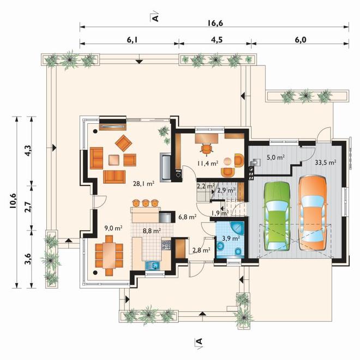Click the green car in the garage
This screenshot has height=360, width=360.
(278, 216)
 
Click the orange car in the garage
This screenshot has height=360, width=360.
(313, 213)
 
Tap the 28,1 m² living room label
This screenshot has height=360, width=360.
(143, 183)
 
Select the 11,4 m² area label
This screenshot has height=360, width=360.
(207, 163)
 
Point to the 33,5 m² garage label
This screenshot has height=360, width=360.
(326, 163)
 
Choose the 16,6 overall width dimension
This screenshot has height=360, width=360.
(215, 23)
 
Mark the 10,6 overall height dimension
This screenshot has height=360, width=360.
(13, 201)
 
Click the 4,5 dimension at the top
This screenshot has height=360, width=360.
(217, 40)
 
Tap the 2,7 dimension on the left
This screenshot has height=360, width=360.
(27, 207)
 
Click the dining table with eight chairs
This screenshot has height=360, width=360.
(109, 255)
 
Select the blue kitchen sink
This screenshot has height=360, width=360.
(153, 266)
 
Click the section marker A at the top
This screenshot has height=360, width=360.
(155, 17)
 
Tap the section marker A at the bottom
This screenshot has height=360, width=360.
(199, 343)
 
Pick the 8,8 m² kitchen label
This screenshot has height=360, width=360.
(152, 231)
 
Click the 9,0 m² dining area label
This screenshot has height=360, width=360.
(113, 228)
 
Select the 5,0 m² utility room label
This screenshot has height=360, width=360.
(276, 158)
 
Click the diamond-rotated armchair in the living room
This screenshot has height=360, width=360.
(123, 143)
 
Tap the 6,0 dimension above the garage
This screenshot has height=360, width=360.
(301, 40)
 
